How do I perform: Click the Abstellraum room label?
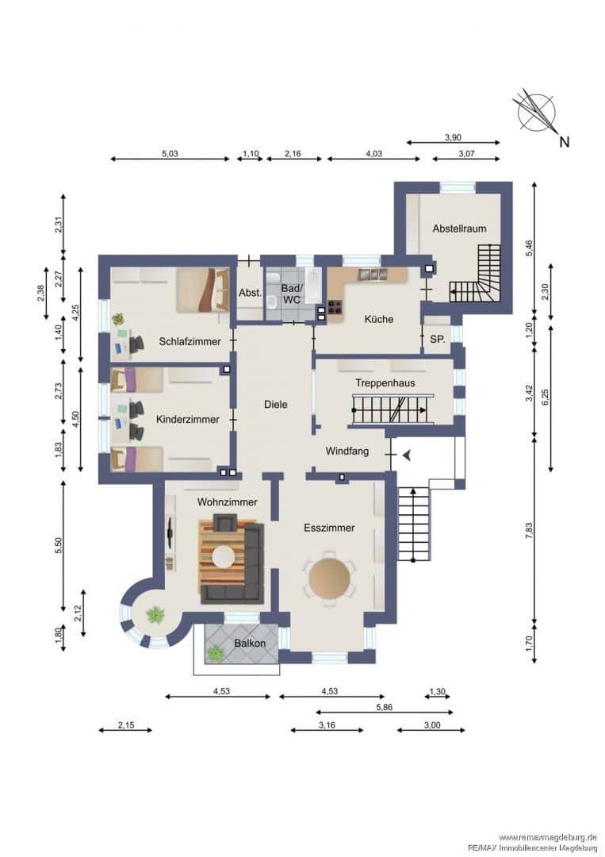click(x=459, y=229)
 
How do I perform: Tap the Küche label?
click(x=378, y=319)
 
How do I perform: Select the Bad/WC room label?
click(x=291, y=294)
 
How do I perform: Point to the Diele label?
click(x=275, y=405)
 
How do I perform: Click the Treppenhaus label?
click(x=385, y=382)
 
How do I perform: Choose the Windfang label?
click(x=347, y=451)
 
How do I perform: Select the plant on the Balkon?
click(x=215, y=652)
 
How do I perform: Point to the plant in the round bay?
click(x=155, y=615)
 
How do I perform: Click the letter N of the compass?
click(x=564, y=141)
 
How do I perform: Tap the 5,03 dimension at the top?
click(x=170, y=154)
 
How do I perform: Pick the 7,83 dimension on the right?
click(x=529, y=531)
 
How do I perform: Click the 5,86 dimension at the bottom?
click(x=384, y=707)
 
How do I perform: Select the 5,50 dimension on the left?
click(x=59, y=545)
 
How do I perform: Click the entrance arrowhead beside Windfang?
click(x=406, y=455)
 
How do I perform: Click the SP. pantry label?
click(x=438, y=339)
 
